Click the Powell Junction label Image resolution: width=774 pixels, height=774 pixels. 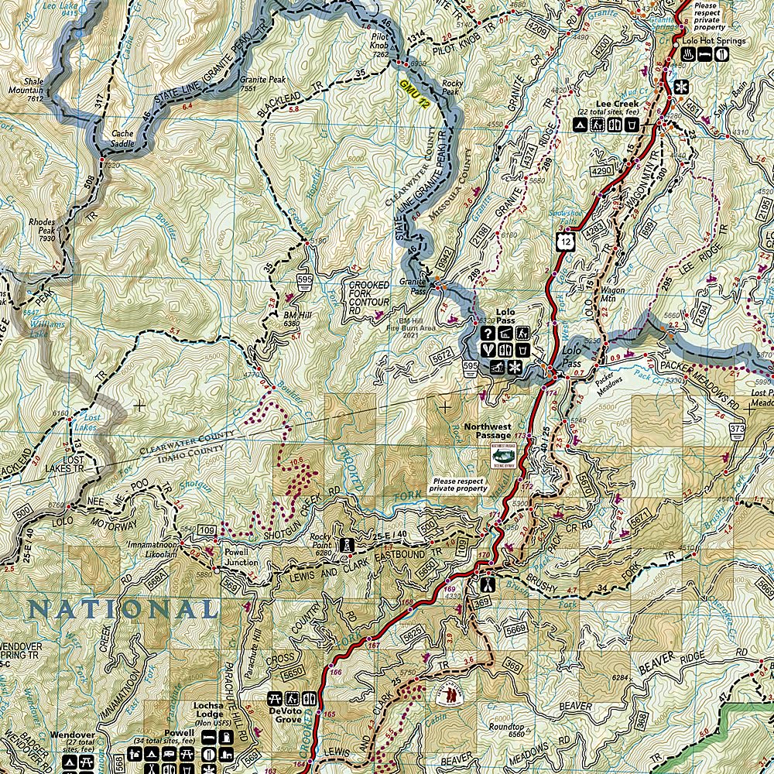pyautogui.click(x=241, y=558)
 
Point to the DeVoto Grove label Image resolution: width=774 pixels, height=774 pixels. pyautogui.click(x=287, y=714)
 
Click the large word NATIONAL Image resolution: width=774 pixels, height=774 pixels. pyautogui.click(x=123, y=610)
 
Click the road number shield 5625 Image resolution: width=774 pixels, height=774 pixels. pyautogui.click(x=415, y=634)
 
